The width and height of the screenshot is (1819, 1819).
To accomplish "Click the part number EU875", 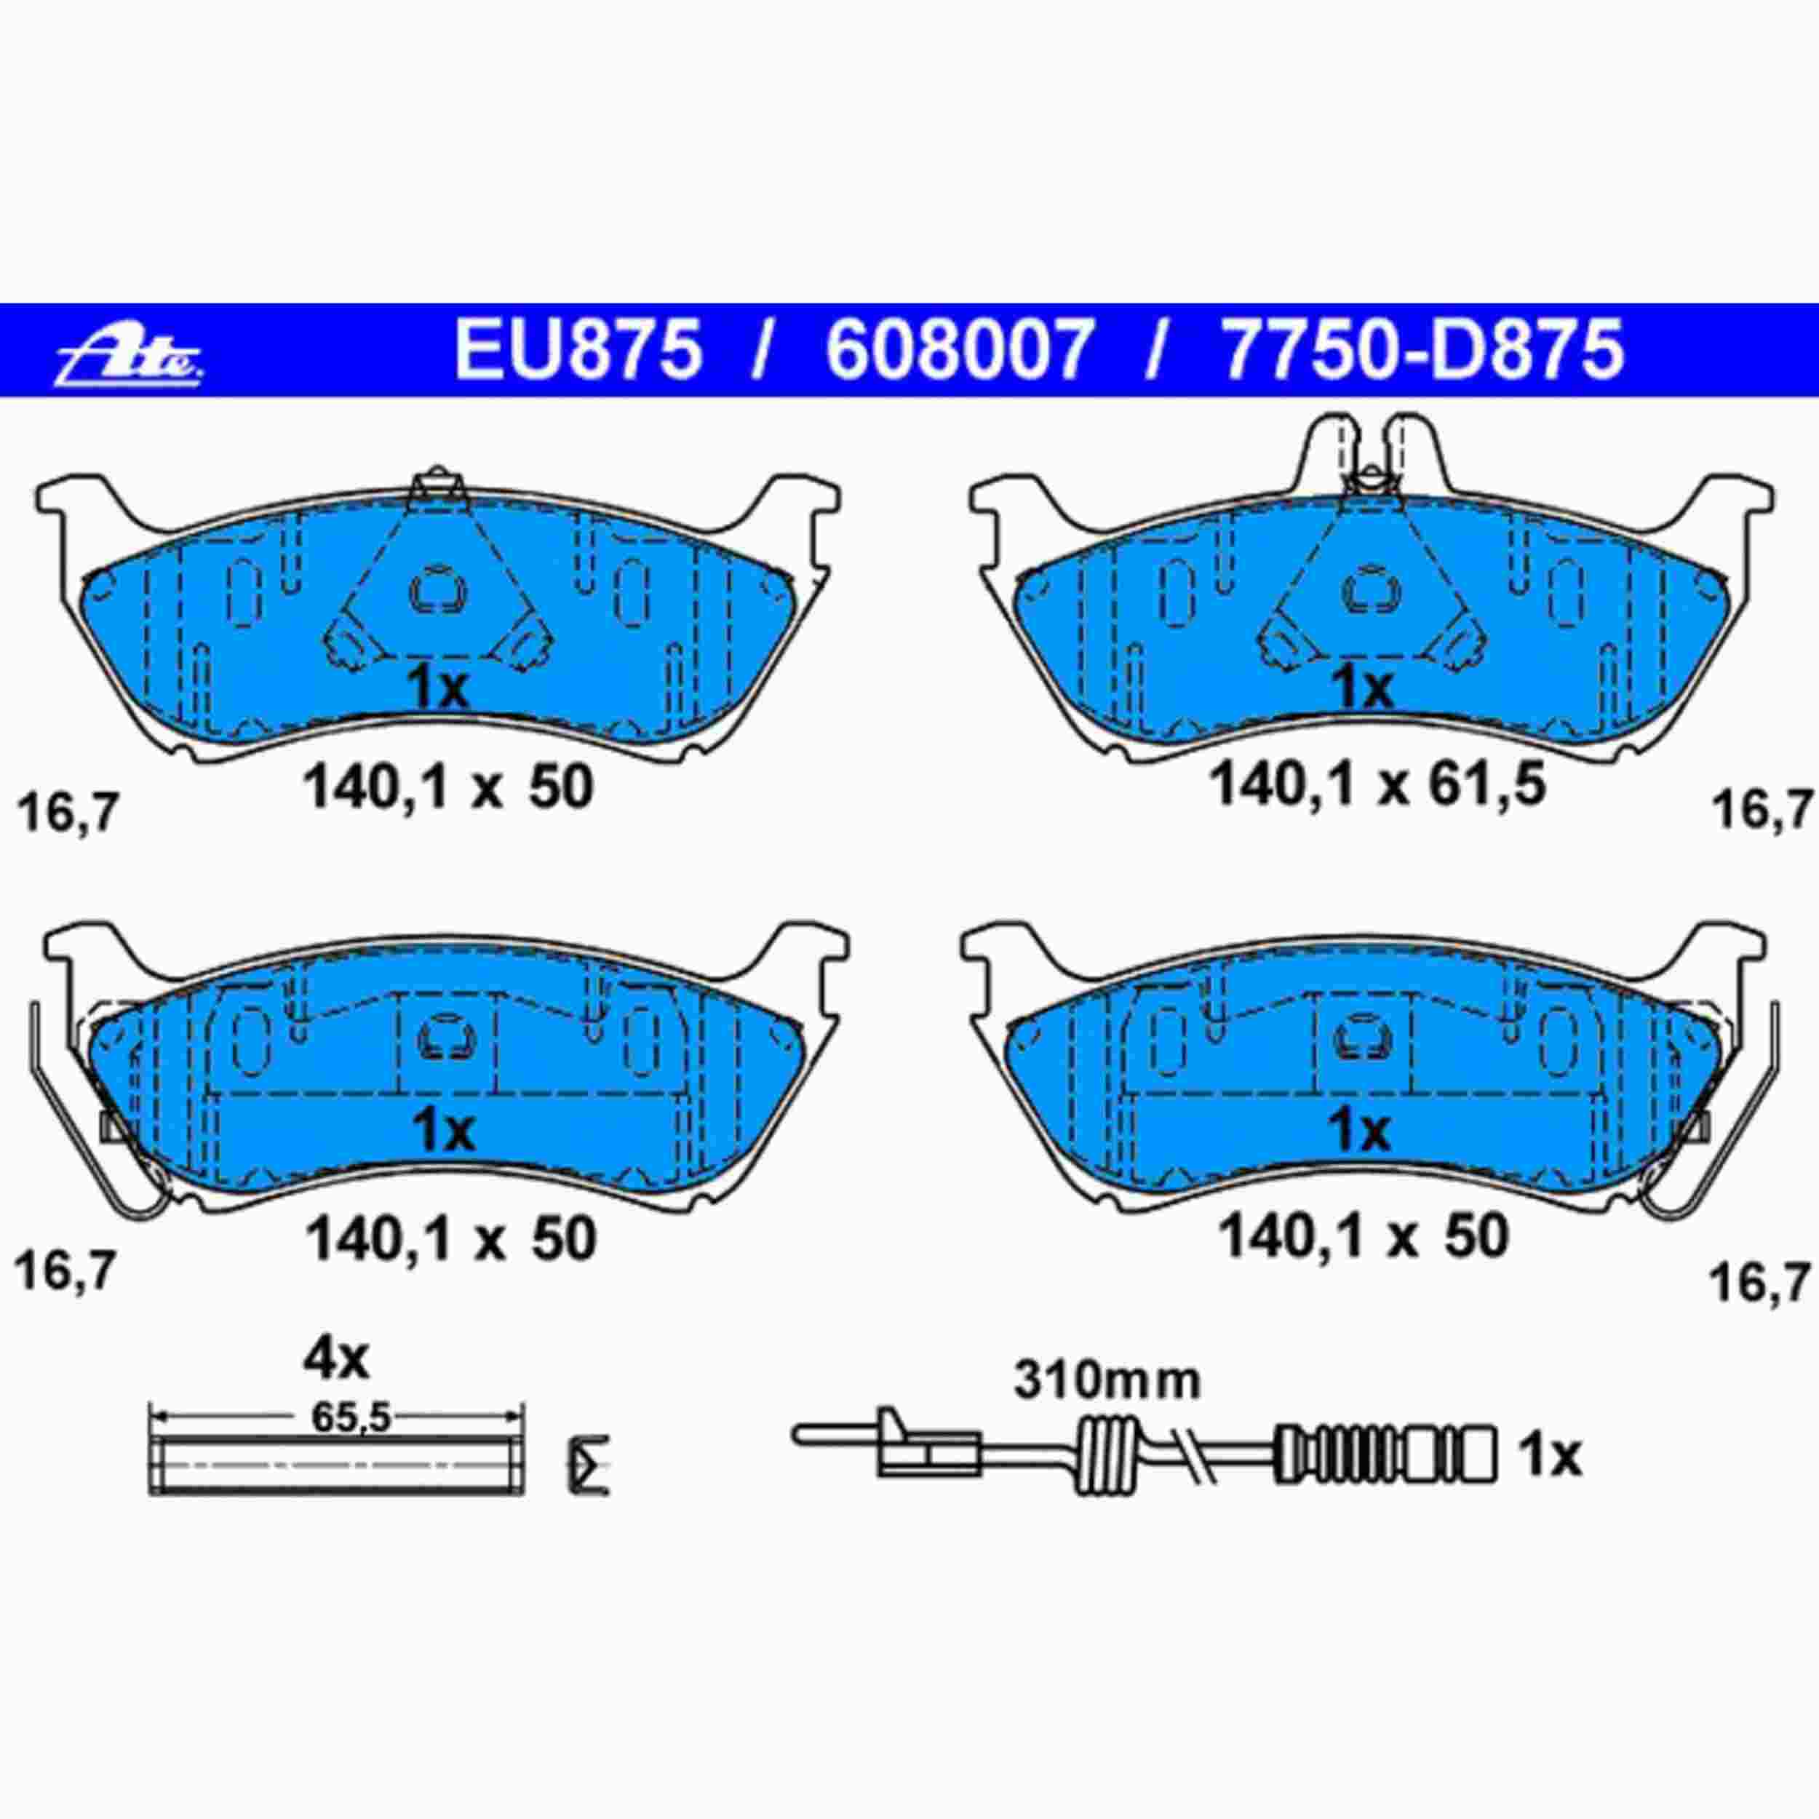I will click(x=578, y=350).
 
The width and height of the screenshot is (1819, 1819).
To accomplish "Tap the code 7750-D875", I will click(x=1422, y=350).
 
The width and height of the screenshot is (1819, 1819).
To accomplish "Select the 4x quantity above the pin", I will click(x=336, y=1358).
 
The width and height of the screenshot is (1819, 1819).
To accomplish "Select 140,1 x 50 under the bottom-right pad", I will click(x=1364, y=1235).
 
